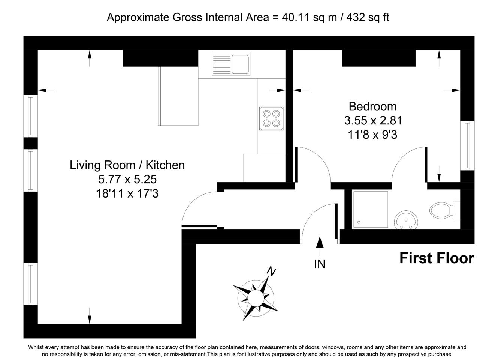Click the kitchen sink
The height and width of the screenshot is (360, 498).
point(231,64)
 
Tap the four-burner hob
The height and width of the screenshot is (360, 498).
point(271,118)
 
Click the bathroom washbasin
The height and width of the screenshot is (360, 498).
point(406,220)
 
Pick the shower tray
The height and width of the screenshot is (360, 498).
point(371,210)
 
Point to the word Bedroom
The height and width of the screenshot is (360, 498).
point(372,106)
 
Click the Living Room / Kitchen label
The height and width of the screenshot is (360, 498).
point(127,165)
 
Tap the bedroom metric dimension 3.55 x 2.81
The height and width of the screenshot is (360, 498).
point(373,121)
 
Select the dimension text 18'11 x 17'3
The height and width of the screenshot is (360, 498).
point(127,193)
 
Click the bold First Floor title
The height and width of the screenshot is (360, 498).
point(437,258)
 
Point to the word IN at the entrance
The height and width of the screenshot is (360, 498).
point(320,264)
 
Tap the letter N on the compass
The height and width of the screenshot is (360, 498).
point(271,271)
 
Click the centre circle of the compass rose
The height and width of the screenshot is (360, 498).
point(256,298)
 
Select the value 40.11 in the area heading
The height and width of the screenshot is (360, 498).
point(295,17)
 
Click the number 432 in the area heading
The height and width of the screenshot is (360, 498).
point(356,17)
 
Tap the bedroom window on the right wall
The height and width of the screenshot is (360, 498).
point(467,145)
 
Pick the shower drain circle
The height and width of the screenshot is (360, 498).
point(359,222)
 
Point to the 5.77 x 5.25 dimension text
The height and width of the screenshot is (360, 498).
point(127,179)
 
